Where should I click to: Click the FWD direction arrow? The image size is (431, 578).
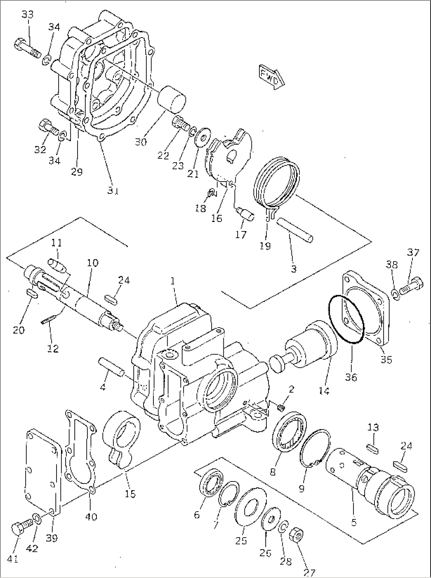click(272, 75)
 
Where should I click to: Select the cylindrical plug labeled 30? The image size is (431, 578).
click(172, 99)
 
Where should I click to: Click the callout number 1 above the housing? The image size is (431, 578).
click(173, 281)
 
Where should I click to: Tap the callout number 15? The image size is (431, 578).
click(130, 493)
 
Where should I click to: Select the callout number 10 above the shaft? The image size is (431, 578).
click(93, 263)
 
